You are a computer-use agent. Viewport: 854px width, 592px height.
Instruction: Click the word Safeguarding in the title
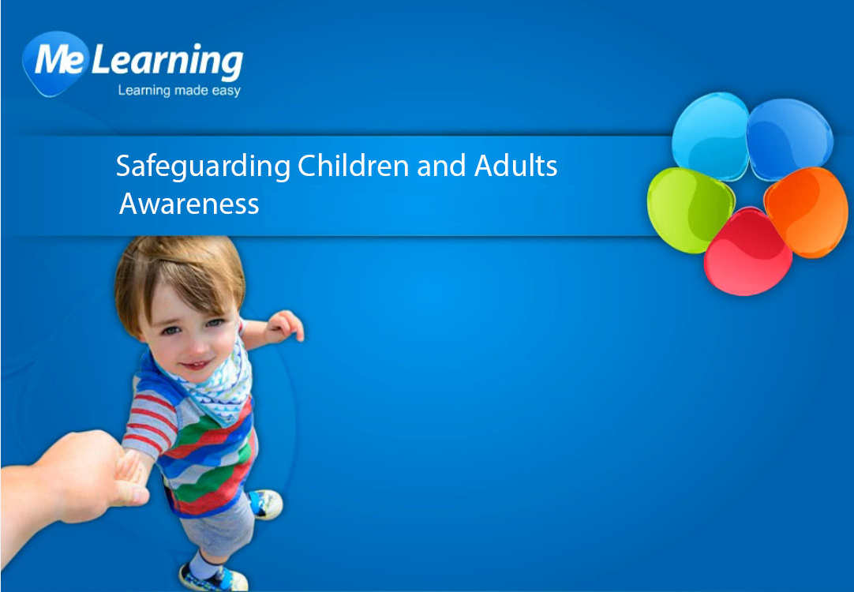(203, 167)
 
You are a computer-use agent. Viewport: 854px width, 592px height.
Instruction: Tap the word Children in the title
(353, 166)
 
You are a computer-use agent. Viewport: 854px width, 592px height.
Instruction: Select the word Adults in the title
(515, 166)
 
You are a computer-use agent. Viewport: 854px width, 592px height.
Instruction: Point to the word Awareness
(189, 204)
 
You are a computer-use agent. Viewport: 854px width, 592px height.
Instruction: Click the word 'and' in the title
(441, 166)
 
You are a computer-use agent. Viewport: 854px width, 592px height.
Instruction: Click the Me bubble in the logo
(55, 62)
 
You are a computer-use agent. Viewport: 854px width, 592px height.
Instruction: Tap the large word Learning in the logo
(167, 61)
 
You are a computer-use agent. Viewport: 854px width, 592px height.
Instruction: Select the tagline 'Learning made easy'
(179, 91)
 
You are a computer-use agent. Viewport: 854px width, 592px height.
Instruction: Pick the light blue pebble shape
(711, 136)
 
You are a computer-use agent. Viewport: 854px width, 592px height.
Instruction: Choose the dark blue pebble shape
(789, 139)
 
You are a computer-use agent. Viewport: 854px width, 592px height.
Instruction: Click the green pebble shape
(690, 210)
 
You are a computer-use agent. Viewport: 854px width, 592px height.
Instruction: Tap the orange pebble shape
(807, 212)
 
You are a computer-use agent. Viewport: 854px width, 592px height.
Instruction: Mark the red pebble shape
(747, 252)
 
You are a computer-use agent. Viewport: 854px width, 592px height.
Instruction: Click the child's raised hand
(284, 326)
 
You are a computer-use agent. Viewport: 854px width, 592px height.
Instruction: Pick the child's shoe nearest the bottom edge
(213, 578)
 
